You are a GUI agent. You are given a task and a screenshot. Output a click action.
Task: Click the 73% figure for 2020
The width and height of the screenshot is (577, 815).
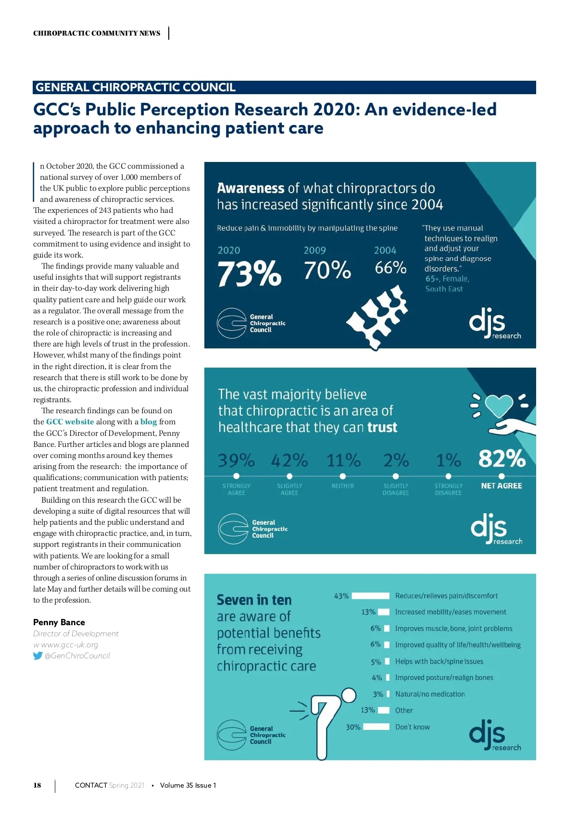tap(249, 273)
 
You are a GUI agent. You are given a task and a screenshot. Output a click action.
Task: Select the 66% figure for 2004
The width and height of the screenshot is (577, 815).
tap(390, 268)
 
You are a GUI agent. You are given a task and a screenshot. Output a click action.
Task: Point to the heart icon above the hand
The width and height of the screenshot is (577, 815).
tap(499, 405)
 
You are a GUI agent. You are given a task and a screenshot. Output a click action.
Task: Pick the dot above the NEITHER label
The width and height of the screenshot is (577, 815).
tap(342, 476)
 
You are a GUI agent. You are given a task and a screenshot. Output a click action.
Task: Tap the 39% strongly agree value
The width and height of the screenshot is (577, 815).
tap(236, 460)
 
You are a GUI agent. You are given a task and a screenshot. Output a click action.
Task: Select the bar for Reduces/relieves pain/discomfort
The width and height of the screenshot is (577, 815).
tap(370, 596)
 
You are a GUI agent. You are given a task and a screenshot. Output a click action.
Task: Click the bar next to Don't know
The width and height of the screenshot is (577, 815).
tap(376, 727)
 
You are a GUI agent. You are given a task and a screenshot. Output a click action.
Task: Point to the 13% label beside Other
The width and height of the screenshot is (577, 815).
tap(368, 710)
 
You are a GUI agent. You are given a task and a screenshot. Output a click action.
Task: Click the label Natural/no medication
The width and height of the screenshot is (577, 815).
tap(430, 694)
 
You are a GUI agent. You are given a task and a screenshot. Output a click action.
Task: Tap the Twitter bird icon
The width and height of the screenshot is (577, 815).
tap(38, 656)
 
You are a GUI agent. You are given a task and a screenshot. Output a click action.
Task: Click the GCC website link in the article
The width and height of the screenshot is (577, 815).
tap(70, 422)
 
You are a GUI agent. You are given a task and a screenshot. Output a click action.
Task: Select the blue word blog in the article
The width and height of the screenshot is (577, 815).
tap(149, 422)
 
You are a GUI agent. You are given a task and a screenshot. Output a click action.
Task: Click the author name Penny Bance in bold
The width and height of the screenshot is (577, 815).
tap(59, 622)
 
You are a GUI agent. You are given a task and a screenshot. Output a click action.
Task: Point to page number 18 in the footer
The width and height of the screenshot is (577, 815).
tap(37, 785)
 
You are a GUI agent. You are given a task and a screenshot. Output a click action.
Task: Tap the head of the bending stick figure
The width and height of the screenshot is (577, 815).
tap(349, 695)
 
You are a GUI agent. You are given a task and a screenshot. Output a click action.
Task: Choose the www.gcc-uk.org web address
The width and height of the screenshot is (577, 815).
tap(69, 645)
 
